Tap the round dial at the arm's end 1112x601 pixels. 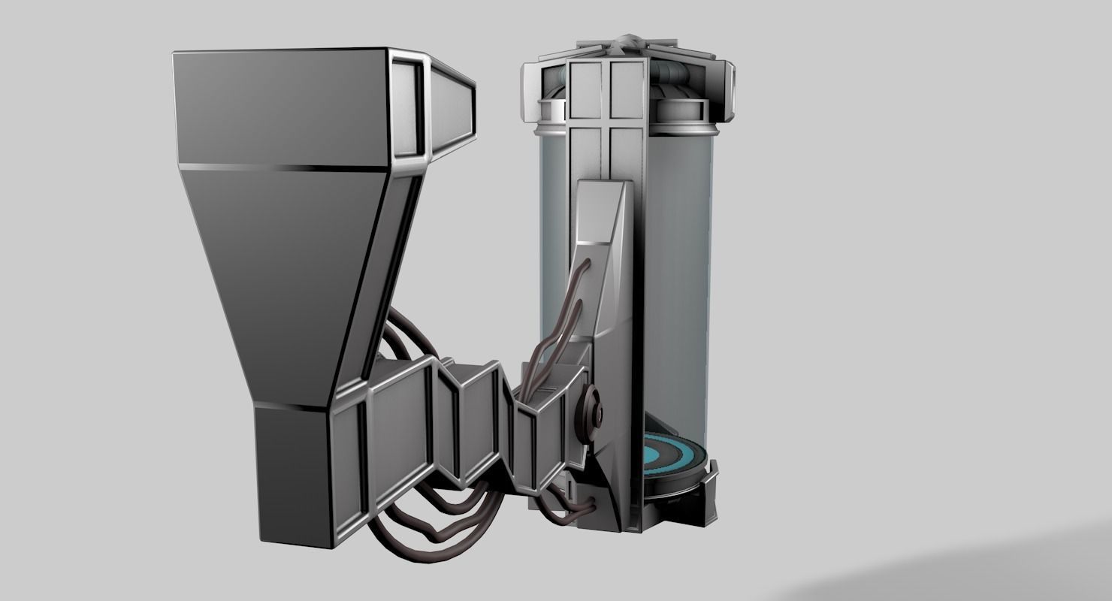594,412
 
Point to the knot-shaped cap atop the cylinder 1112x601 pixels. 627,42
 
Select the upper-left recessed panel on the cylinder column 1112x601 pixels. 588,89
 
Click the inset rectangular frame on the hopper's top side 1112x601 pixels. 406,108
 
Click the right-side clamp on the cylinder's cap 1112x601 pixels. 727,91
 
